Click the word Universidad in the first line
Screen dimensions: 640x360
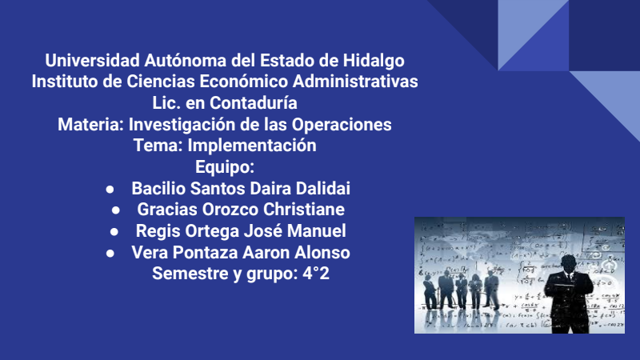point(92,61)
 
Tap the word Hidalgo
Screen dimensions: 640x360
point(374,62)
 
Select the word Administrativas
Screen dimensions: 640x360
point(355,82)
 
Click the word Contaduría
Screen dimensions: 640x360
point(254,103)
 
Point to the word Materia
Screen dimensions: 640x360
point(90,125)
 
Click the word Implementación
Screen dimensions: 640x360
point(252,146)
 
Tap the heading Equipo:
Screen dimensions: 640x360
point(225,167)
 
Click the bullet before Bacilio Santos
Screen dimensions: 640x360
point(110,190)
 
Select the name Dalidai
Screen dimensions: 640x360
point(323,189)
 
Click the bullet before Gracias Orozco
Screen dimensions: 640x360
point(116,210)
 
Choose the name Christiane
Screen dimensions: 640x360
point(304,210)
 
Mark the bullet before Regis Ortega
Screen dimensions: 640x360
point(114,232)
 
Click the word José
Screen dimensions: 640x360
point(263,230)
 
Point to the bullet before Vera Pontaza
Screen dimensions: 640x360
point(110,254)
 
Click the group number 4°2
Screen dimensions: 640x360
point(316,274)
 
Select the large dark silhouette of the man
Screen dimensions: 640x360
point(569,294)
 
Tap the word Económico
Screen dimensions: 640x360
point(244,82)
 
